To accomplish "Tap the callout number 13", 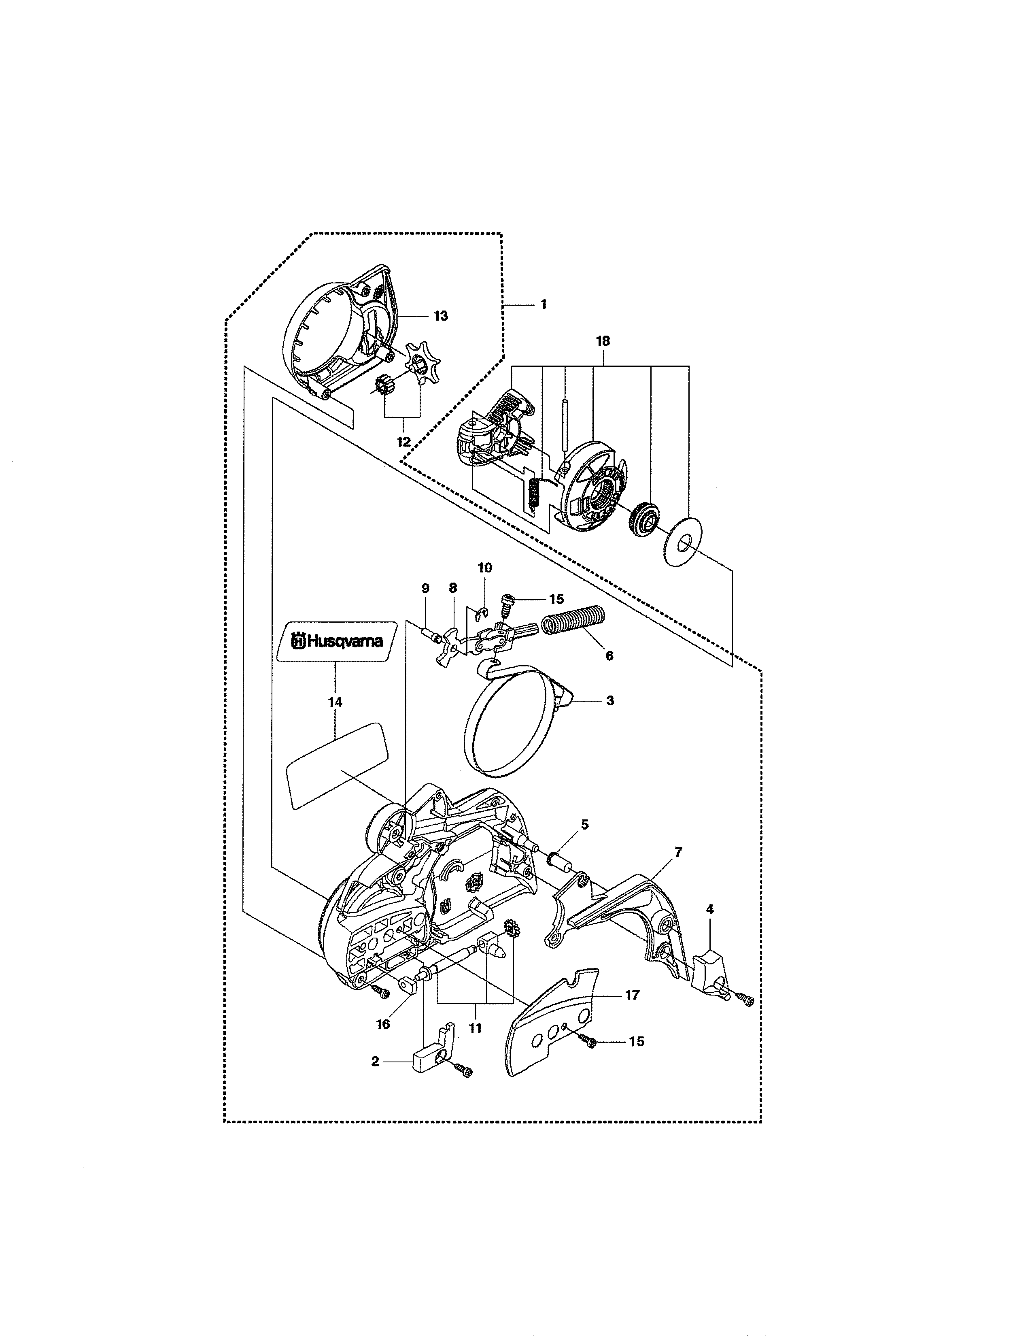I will pyautogui.click(x=441, y=316).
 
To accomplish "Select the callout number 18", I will pyautogui.click(x=603, y=341).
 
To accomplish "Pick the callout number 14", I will pyautogui.click(x=335, y=702).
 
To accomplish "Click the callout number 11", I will pyautogui.click(x=475, y=1028).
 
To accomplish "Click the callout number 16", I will pyautogui.click(x=383, y=1024).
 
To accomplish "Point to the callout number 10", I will pyautogui.click(x=485, y=568).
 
